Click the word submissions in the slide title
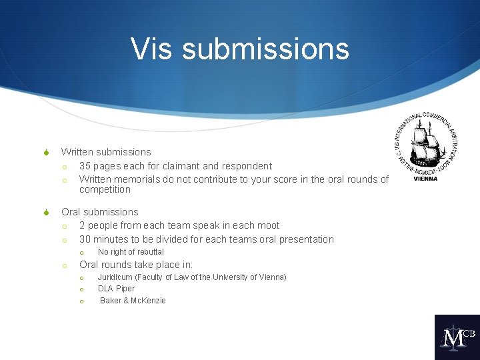pyautogui.click(x=265, y=49)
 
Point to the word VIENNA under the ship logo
pyautogui.click(x=426, y=179)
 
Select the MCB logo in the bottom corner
pyautogui.click(x=457, y=337)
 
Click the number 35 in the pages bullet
pyautogui.click(x=85, y=166)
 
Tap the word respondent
pyautogui.click(x=247, y=166)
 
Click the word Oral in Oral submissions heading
pyautogui.click(x=71, y=212)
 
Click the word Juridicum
pyautogui.click(x=115, y=277)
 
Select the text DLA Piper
pyautogui.click(x=116, y=289)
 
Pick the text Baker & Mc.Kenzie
pyautogui.click(x=133, y=301)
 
